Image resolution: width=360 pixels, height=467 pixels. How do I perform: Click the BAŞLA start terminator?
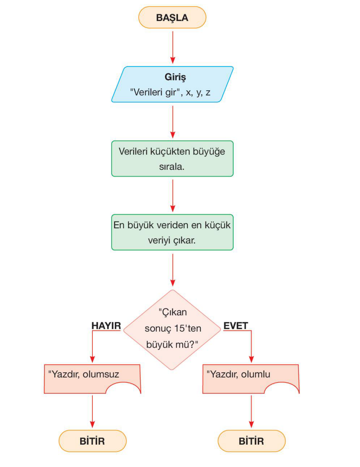point(172,17)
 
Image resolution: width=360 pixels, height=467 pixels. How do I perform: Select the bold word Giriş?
point(175,77)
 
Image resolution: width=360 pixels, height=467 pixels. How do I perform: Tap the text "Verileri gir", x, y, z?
point(170,92)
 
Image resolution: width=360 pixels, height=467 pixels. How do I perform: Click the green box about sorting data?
point(172,158)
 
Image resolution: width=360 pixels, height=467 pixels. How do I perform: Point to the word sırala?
point(172,166)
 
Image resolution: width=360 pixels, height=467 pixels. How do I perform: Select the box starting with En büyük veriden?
point(172,232)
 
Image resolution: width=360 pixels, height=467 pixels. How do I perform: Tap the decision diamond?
point(172,330)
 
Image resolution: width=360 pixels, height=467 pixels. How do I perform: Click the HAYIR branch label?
point(106,326)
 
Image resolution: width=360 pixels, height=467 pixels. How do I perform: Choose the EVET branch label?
point(235,326)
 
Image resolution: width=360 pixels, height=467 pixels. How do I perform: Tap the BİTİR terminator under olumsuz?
point(92,441)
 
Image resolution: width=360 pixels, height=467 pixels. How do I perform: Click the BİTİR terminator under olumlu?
point(251,441)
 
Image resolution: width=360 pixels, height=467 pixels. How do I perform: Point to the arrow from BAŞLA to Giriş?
point(173,47)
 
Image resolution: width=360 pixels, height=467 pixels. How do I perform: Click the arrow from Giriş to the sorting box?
point(173,121)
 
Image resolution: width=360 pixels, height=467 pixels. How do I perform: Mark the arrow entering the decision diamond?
point(173,269)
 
